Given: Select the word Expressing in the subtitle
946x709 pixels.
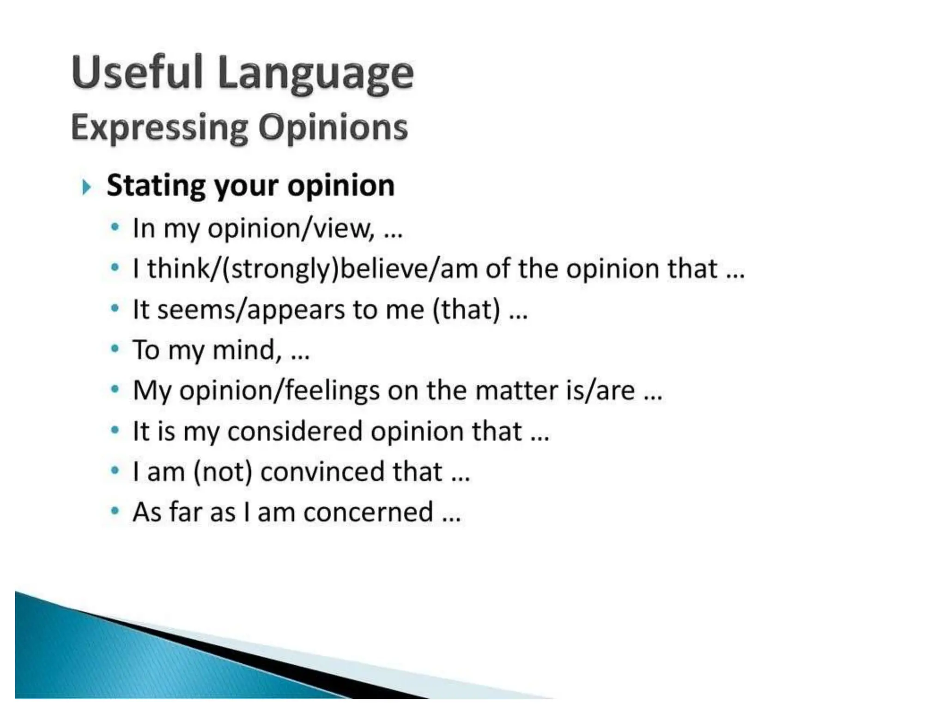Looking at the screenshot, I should point(159,128).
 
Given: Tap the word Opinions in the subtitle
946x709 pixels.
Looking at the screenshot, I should point(333,128).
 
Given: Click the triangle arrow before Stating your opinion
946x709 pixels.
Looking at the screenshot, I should point(86,187).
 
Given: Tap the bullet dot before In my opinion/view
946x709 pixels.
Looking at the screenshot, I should point(115,227).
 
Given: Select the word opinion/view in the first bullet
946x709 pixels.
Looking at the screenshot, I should point(291,228).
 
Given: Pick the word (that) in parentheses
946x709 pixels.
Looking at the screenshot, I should point(467,310).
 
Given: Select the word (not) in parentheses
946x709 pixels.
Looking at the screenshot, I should point(223,472).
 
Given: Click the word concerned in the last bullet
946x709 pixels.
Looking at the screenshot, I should point(368,512).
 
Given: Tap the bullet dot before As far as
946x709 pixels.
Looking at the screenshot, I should point(115,511).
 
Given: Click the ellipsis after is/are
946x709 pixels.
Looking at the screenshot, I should point(653,397).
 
